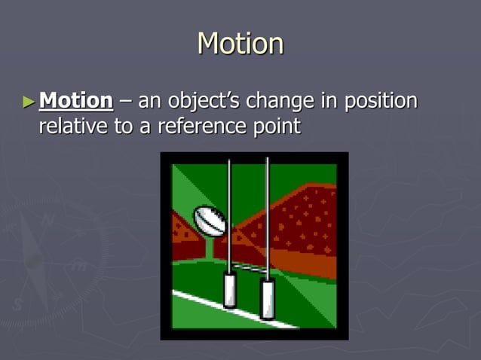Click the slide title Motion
[240, 44]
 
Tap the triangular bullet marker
[29, 101]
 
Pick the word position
[379, 101]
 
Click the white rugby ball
[210, 220]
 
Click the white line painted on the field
[219, 305]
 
